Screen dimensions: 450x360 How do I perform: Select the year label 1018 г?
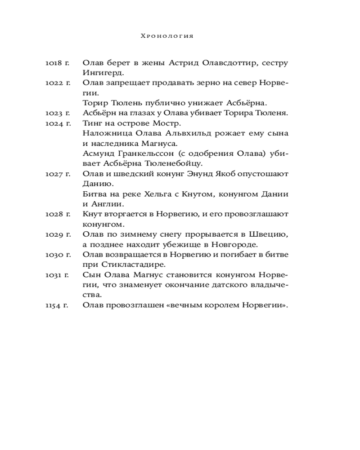[x=57, y=63]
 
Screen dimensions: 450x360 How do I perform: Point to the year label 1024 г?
[x=57, y=123]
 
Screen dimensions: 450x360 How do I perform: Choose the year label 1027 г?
[x=57, y=174]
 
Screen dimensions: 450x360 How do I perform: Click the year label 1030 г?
[x=57, y=255]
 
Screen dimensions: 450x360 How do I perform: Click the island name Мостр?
[x=166, y=123]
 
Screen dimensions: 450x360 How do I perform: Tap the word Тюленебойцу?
[x=169, y=164]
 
